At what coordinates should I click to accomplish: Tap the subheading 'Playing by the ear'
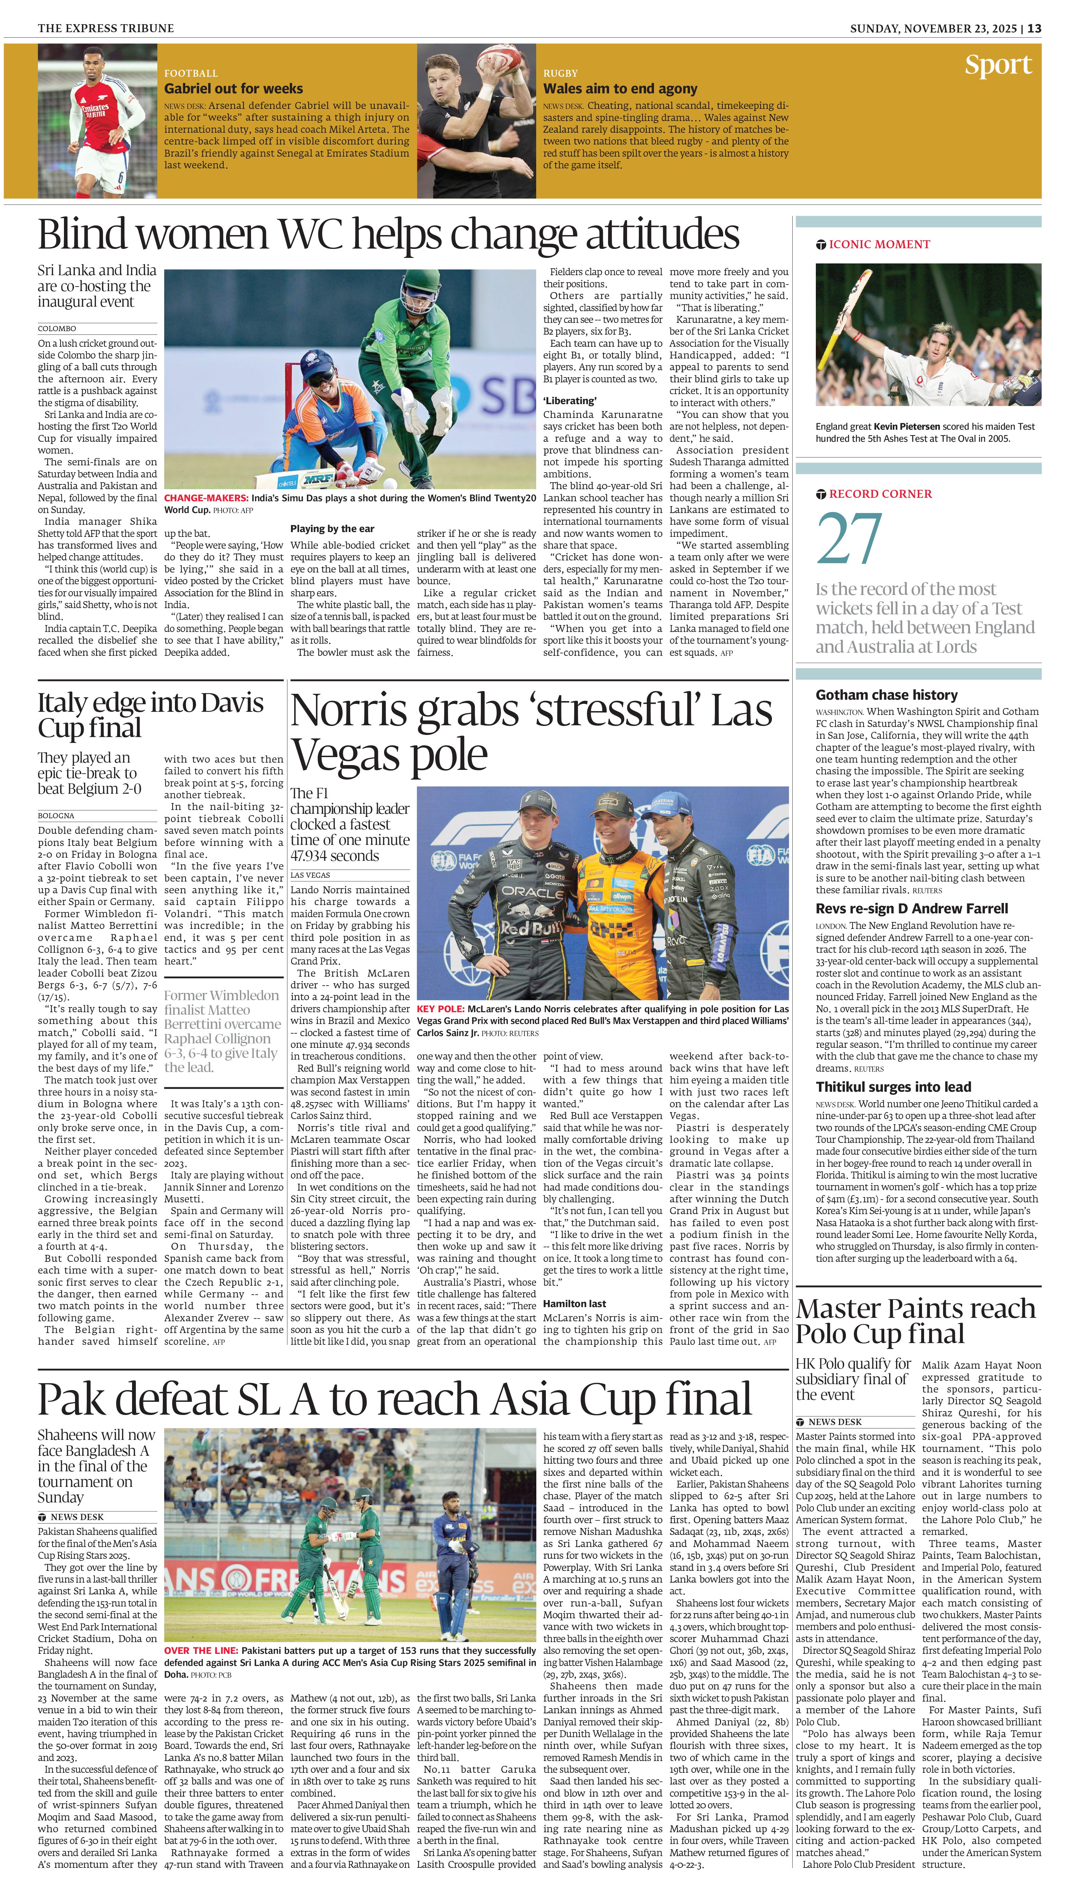pyautogui.click(x=332, y=529)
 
